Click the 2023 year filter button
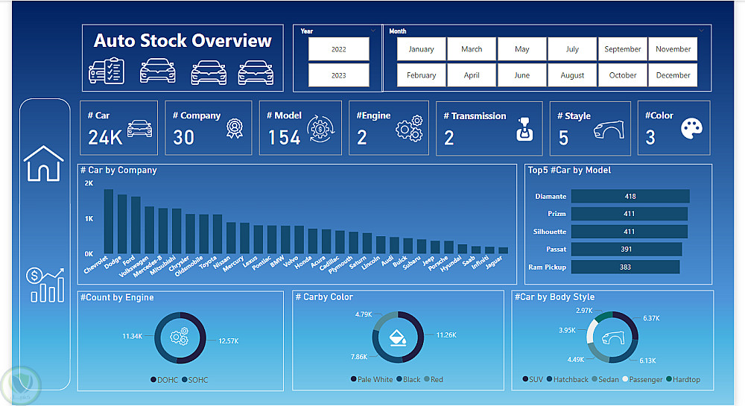point(338,75)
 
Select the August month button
point(572,75)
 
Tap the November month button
point(673,49)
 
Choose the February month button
point(421,75)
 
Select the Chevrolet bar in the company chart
point(108,221)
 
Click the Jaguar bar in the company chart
point(503,250)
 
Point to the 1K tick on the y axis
point(89,219)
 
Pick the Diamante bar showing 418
point(630,197)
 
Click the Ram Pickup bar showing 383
point(625,267)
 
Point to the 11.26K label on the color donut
point(446,335)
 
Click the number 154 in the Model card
point(284,137)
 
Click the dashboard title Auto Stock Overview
point(183,41)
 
